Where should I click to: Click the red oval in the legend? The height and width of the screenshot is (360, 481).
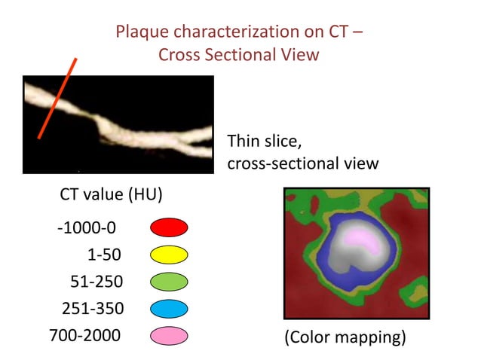[x=169, y=227]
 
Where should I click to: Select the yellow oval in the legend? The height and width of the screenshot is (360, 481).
[x=169, y=255]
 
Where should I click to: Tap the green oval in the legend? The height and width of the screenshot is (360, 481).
[x=169, y=282]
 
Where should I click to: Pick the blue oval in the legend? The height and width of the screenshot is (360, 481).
[x=169, y=309]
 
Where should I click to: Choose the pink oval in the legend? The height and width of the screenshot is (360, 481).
[x=169, y=336]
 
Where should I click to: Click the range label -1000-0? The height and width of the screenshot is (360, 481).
[x=87, y=227]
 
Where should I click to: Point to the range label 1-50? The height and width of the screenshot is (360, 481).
[x=103, y=255]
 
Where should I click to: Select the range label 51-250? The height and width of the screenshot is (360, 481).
[x=96, y=282]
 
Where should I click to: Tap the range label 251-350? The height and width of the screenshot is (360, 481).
[x=92, y=309]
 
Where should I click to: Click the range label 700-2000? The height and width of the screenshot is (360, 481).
[x=84, y=336]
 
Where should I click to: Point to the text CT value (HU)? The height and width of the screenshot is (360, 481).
[x=111, y=194]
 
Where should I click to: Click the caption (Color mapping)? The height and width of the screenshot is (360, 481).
[x=344, y=337]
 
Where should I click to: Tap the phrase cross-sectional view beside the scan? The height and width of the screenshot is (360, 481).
[x=302, y=163]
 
